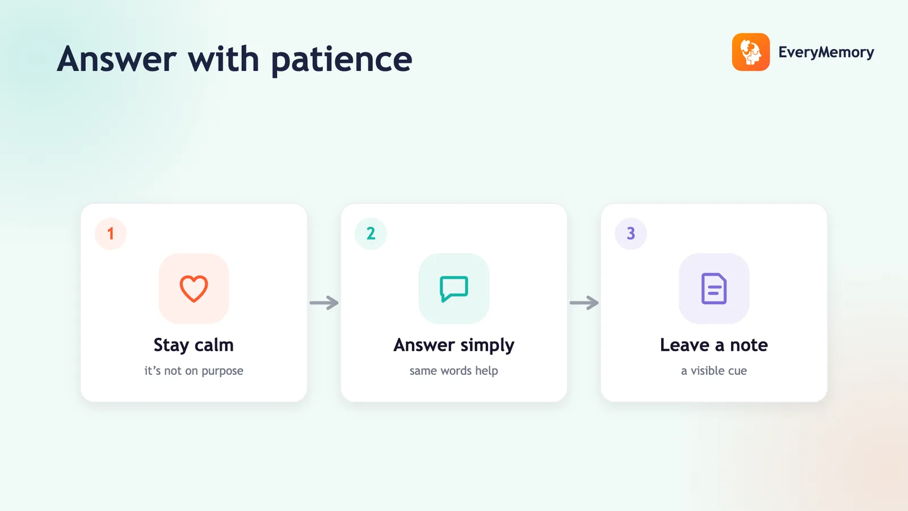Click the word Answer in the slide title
pos(117,59)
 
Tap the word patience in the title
pos(342,61)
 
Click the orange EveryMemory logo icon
pos(751,52)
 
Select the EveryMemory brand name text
pos(826,52)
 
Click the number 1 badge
pos(111,233)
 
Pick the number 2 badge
pos(371,233)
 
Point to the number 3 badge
pos(630,233)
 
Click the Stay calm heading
pos(194,346)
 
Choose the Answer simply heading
pos(454,346)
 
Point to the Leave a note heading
pos(714,345)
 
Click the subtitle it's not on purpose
pos(194,371)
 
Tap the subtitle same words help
pos(453,371)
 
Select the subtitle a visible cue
pos(714,371)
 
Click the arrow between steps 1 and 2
pos(324,303)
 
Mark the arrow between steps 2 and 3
pos(584,303)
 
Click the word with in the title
pos(224,59)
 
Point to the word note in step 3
pos(749,346)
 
